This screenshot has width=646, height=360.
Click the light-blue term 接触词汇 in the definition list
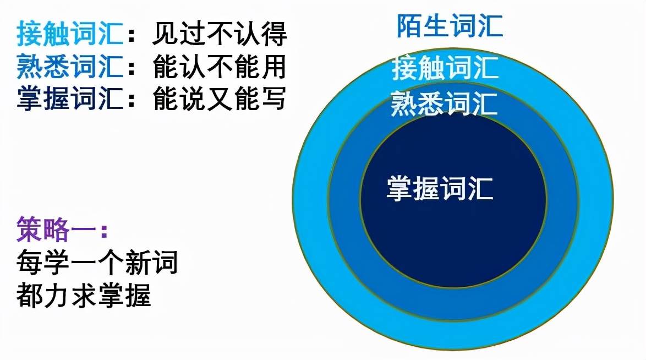tap(70, 34)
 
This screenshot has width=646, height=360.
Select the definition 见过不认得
tap(220, 34)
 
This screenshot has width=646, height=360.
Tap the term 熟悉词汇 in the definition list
tap(70, 66)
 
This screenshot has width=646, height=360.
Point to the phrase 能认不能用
tap(220, 66)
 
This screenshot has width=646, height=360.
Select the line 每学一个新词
tap(97, 262)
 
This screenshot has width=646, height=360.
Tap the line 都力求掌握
tap(84, 295)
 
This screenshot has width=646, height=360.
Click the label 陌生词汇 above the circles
tap(450, 26)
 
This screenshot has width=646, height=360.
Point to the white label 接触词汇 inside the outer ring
tap(445, 68)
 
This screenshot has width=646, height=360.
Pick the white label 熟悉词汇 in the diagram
tap(444, 103)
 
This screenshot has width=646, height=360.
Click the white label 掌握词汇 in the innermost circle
tap(440, 189)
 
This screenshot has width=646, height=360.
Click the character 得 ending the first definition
tap(274, 34)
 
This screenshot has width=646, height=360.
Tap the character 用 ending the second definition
tap(274, 66)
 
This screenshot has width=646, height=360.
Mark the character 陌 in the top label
tap(409, 26)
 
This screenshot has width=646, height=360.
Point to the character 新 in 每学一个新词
tap(138, 262)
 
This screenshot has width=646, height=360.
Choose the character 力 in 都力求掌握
tap(57, 295)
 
